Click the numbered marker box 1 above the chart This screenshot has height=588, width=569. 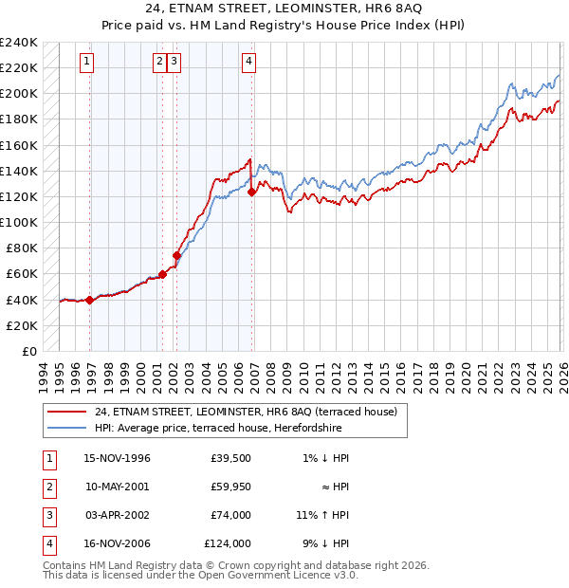pos(86,63)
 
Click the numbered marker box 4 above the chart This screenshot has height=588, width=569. pos(248,63)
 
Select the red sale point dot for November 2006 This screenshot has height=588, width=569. pos(252,192)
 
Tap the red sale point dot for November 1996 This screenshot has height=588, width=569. pos(89,300)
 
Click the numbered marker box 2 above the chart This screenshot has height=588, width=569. pos(159,63)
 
